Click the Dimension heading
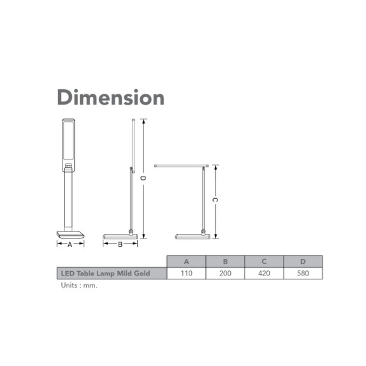[x=111, y=98]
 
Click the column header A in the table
[x=186, y=261]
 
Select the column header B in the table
[x=225, y=261]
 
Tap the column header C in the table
[x=264, y=261]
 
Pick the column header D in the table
[x=303, y=261]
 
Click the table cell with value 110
[x=186, y=274]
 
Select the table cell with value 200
[x=225, y=274]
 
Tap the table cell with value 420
[x=264, y=274]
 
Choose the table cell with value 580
[x=303, y=274]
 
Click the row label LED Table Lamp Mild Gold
[x=105, y=274]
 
